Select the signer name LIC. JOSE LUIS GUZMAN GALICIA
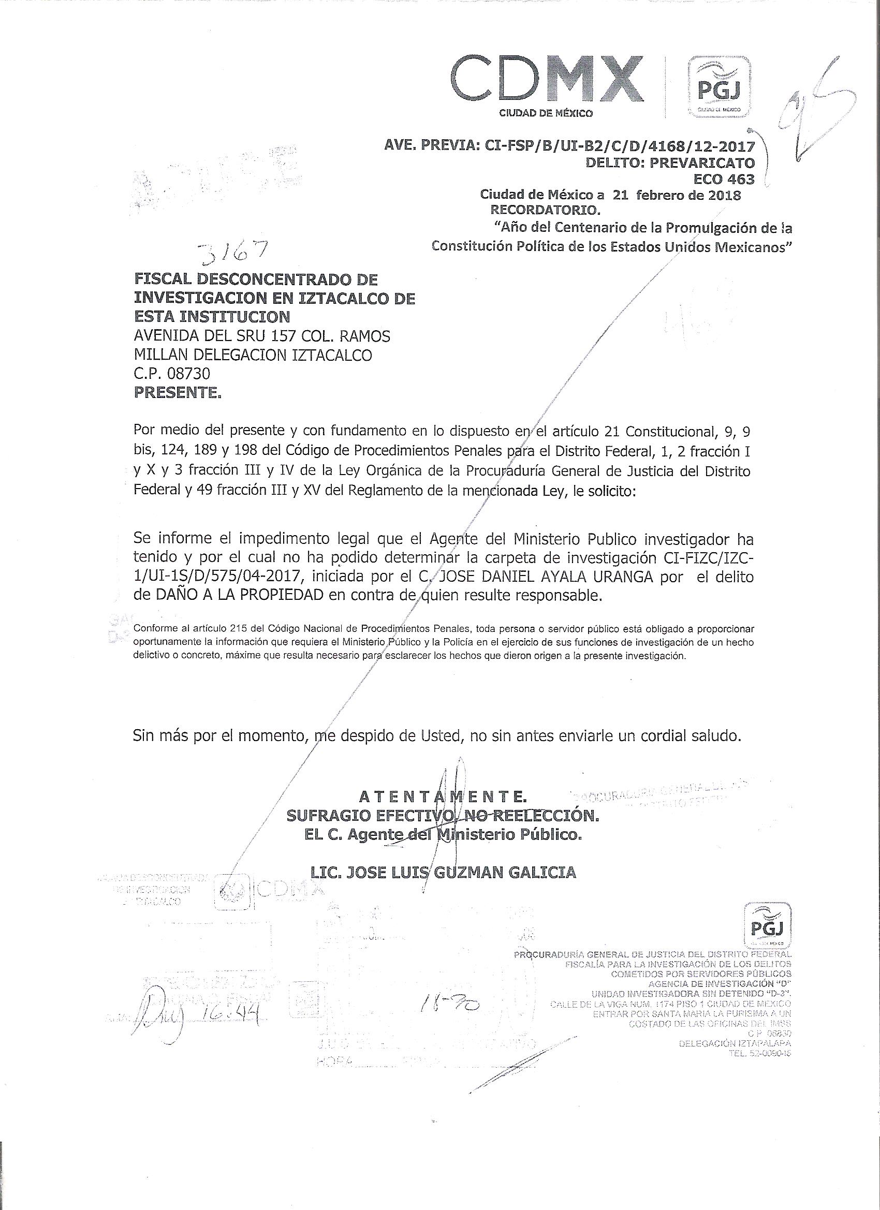tap(444, 872)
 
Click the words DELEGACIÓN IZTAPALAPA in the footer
tap(735, 1058)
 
